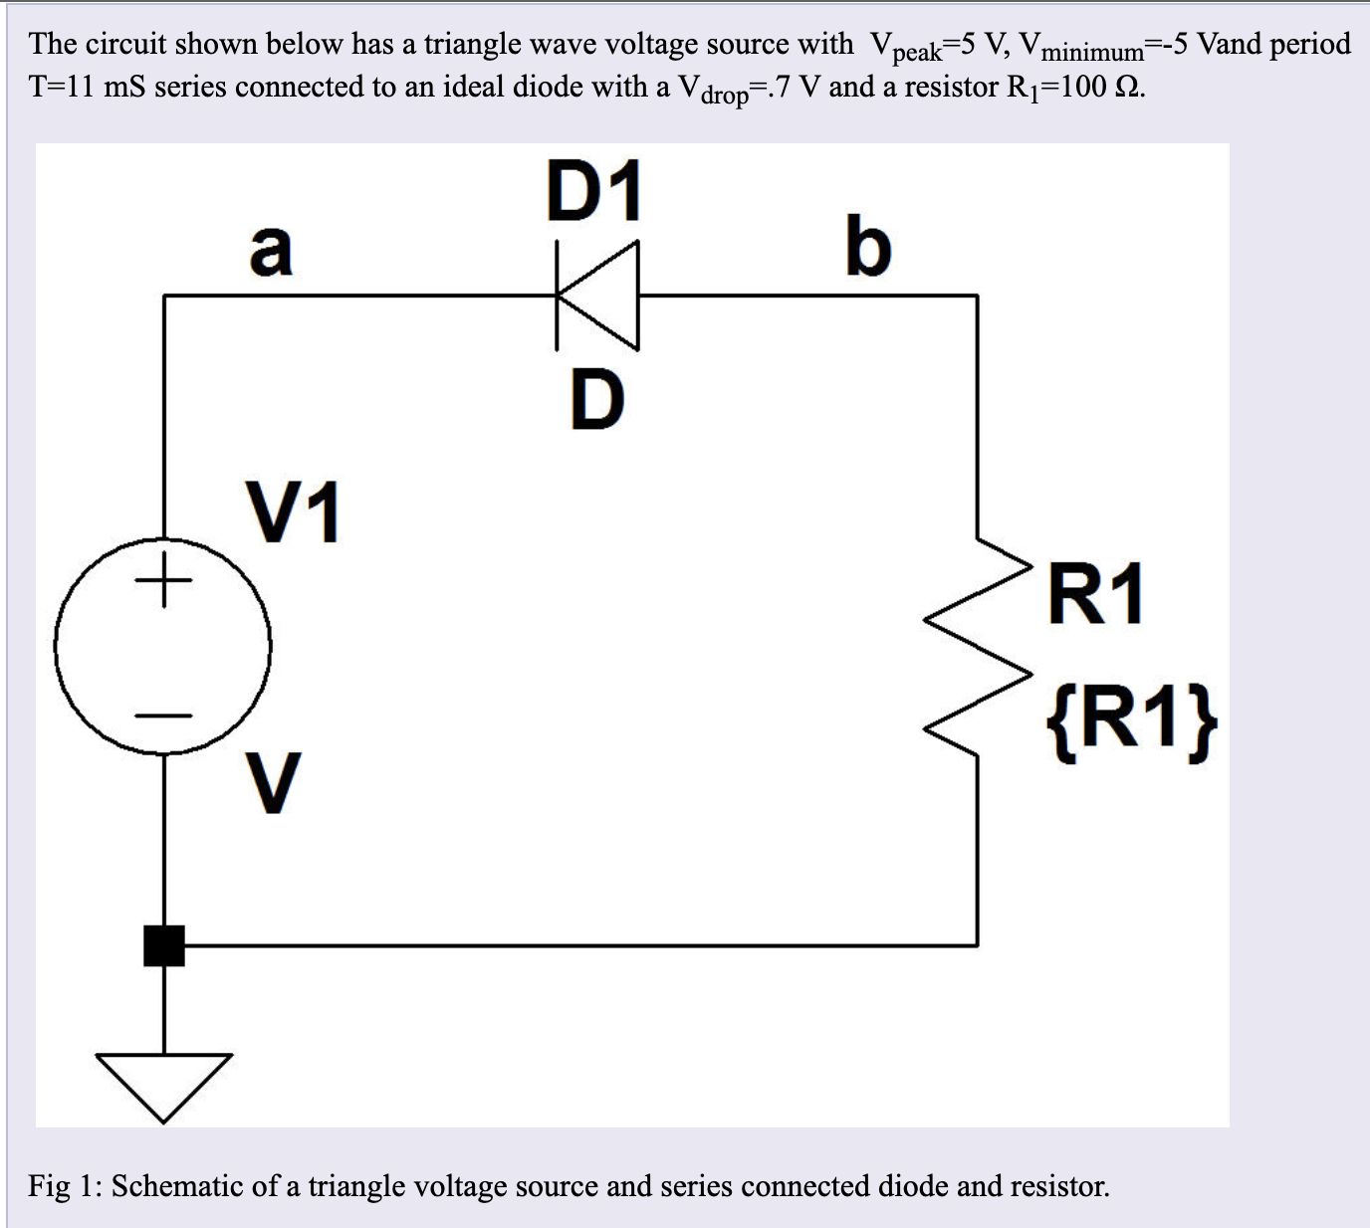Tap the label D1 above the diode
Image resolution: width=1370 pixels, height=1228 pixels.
coord(593,191)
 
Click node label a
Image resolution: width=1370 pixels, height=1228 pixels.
coord(271,249)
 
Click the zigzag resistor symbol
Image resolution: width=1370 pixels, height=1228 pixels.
coord(976,647)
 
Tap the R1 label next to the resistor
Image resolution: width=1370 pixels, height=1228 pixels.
coord(1095,594)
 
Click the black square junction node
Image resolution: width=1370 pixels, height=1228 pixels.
coord(164,945)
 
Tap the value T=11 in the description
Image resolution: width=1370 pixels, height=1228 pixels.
coord(62,87)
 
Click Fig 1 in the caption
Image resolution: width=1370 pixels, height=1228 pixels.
coord(61,1186)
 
